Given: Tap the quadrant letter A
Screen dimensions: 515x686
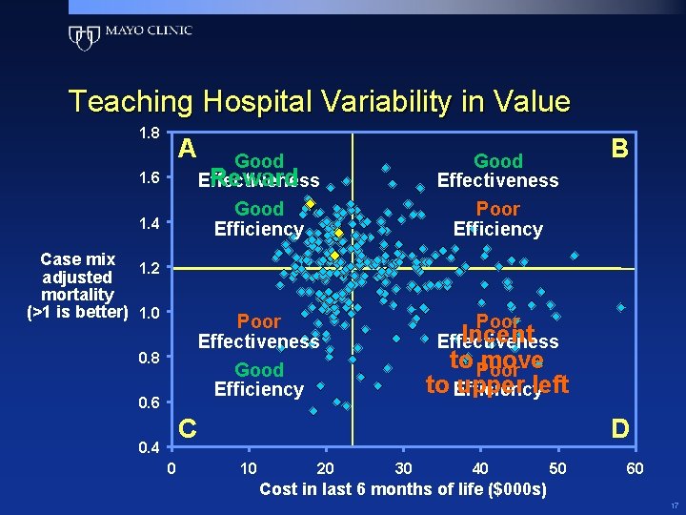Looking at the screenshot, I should pos(188,149).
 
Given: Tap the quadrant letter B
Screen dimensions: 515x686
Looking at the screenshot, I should pos(619,149).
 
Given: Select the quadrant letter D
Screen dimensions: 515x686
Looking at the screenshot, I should pos(619,428).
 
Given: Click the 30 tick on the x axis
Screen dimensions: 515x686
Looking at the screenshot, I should pos(403,468).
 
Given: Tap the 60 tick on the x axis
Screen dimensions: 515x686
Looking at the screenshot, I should pos(635,468).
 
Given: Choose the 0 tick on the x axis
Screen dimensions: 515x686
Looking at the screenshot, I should pos(171,468).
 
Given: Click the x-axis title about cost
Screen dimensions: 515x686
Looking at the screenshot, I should pos(403,489).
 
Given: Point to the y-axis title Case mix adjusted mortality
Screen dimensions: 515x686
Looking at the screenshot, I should pos(78,285).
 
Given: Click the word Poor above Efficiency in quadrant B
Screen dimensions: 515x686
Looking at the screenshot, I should pos(497,209).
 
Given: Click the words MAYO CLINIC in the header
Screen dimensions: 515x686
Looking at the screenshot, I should pos(149,31).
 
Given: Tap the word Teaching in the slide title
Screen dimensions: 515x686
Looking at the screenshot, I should pos(127,101).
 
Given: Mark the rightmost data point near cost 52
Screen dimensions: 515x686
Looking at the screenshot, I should pos(575,255).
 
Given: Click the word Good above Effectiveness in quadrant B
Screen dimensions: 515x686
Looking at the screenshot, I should pos(497,161).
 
